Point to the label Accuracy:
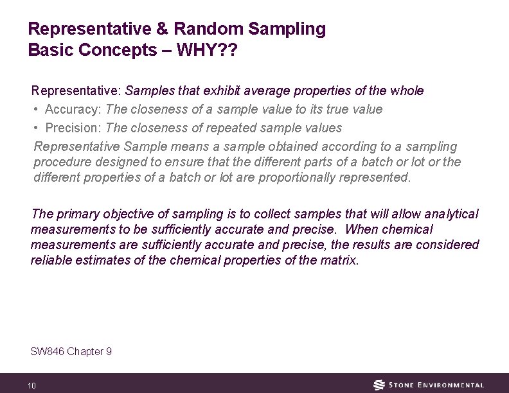(x=73, y=109)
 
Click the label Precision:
(x=73, y=128)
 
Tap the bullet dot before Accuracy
(x=37, y=109)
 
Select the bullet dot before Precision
(x=37, y=128)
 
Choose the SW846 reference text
(x=71, y=351)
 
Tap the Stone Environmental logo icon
(x=379, y=385)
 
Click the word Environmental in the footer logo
(x=450, y=385)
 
